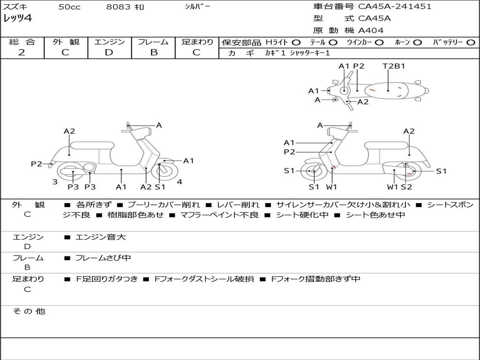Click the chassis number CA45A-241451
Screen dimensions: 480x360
395,7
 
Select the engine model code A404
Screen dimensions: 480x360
371,30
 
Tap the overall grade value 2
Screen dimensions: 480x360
22,52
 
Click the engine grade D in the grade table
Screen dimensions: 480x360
109,52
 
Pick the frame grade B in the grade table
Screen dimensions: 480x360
153,52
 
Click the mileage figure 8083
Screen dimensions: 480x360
117,7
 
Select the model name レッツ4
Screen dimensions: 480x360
17,19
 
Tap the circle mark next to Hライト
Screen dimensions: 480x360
296,42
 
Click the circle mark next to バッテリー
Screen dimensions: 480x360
471,42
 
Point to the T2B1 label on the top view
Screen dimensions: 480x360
394,66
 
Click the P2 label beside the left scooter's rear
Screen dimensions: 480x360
37,164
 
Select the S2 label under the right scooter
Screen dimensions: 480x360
406,187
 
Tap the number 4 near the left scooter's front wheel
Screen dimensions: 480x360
180,182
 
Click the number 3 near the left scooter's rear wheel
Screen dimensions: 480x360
55,182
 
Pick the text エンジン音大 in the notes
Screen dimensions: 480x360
101,238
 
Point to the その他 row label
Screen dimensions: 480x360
28,311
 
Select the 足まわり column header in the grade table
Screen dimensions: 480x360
197,42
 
